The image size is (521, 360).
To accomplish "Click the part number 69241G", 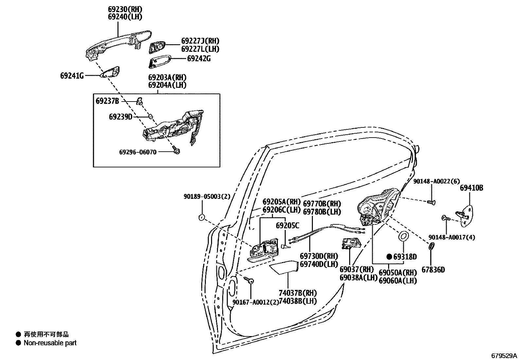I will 72,76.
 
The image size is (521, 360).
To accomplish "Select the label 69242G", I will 199,59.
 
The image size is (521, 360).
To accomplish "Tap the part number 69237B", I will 107,101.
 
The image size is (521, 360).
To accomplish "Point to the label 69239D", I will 121,117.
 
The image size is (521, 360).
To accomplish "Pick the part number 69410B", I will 472,188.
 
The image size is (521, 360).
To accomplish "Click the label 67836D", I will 433,270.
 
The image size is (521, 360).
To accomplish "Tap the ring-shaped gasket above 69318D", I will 403,236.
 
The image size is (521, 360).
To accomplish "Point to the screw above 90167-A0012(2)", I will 250,280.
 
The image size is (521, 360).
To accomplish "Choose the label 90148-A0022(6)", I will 436,181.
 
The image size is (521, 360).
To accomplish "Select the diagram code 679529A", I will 503,355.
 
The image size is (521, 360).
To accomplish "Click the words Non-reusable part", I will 50,343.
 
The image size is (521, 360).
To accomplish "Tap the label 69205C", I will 287,225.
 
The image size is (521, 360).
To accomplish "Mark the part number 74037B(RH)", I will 297,293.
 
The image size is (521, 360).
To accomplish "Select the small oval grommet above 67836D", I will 432,246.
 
